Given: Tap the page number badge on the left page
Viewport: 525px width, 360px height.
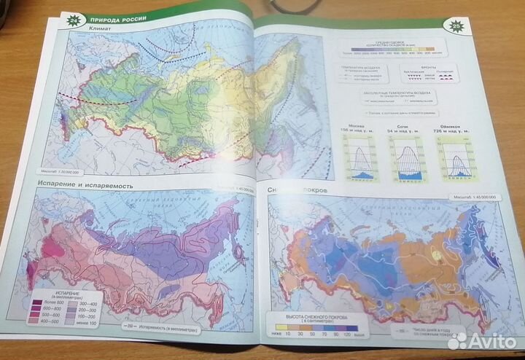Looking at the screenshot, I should [73, 20].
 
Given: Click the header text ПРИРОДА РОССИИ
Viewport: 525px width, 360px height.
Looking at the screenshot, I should [118, 17].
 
